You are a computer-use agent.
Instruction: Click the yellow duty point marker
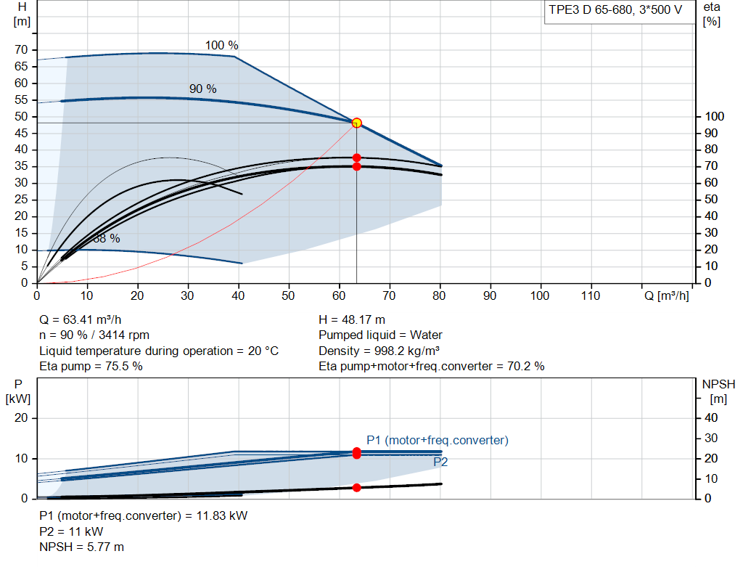pos(357,123)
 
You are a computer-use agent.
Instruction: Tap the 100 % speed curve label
pos(222,46)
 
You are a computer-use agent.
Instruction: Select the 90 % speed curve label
pos(203,89)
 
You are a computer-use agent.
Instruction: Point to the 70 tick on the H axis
pos(21,50)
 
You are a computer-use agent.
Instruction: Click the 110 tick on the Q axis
pos(591,295)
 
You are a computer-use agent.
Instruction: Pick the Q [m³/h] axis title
pos(666,295)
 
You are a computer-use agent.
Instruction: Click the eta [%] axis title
pos(712,15)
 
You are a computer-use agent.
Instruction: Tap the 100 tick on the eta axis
pos(715,117)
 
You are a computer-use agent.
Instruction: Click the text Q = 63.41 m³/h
pos(80,320)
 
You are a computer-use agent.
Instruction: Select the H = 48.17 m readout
pos(352,320)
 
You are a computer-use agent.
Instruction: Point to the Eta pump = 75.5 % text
pos(91,367)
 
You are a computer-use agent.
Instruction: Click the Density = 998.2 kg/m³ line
pos(379,351)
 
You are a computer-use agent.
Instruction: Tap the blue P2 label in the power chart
pos(440,462)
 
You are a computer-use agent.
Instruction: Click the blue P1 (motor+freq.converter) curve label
pos(438,441)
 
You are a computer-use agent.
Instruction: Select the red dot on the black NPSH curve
pos(357,488)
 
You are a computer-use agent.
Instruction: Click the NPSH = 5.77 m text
pos(81,547)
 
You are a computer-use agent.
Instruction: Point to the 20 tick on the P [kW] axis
pos(21,418)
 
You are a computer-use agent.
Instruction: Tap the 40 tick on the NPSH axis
pos(711,418)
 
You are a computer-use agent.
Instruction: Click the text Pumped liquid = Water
pos(380,335)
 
